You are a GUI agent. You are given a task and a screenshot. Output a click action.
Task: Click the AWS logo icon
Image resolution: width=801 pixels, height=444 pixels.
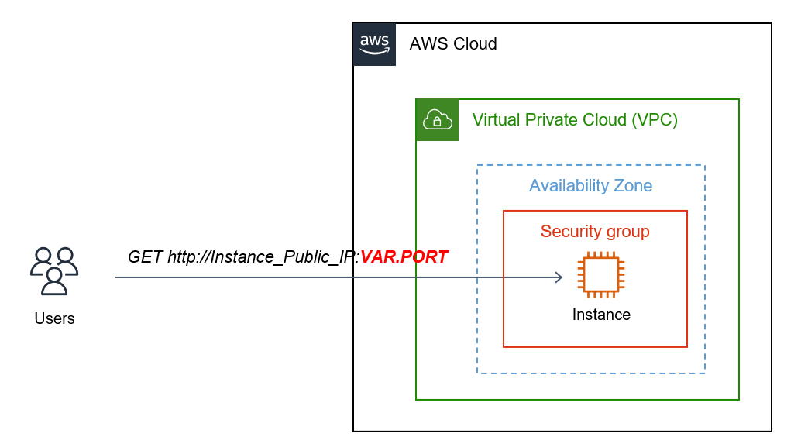pyautogui.click(x=374, y=43)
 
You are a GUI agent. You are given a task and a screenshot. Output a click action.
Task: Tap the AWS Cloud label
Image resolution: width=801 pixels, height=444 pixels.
pyautogui.click(x=453, y=44)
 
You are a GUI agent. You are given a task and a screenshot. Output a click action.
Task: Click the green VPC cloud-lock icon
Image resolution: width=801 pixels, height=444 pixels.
pyautogui.click(x=437, y=119)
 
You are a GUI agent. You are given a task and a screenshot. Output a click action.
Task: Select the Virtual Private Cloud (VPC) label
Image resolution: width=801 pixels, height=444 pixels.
pyautogui.click(x=575, y=120)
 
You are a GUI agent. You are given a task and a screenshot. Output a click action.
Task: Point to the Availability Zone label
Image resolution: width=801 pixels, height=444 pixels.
pyautogui.click(x=590, y=186)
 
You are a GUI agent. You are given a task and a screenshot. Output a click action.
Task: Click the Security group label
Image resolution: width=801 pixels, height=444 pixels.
pyautogui.click(x=595, y=232)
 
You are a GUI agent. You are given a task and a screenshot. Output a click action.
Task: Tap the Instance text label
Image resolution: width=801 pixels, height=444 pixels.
pyautogui.click(x=601, y=315)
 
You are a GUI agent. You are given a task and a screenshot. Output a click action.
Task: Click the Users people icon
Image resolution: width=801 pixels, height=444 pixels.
pyautogui.click(x=54, y=270)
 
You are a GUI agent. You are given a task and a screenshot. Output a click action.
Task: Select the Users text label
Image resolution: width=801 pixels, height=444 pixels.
pyautogui.click(x=54, y=318)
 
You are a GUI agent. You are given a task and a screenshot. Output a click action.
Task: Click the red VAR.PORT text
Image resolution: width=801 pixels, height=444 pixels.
pyautogui.click(x=404, y=256)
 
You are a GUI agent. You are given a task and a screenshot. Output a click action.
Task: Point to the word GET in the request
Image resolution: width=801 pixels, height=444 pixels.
pyautogui.click(x=145, y=256)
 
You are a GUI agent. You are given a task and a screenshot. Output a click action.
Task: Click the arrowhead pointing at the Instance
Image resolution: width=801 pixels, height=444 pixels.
pyautogui.click(x=557, y=277)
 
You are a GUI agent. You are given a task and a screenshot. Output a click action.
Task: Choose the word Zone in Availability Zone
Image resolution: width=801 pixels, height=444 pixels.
pyautogui.click(x=633, y=186)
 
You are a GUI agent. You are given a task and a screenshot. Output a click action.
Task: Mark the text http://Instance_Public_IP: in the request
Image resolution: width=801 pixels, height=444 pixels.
pyautogui.click(x=263, y=256)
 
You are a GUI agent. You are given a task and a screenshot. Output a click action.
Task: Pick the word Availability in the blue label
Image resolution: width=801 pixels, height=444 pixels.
pyautogui.click(x=569, y=186)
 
